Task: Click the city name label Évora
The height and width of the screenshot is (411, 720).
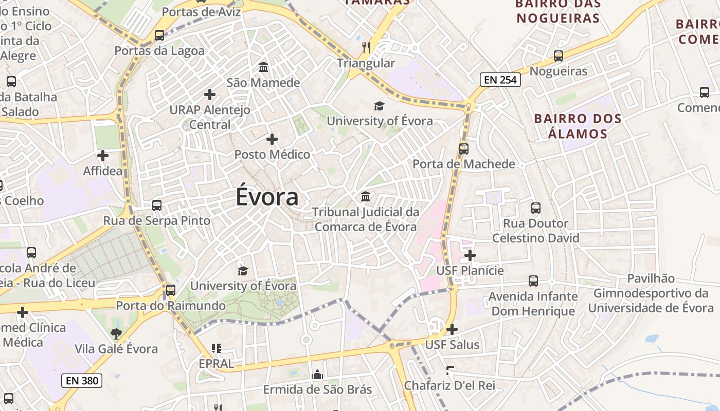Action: [x=267, y=197]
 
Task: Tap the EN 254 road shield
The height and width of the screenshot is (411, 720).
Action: [x=500, y=80]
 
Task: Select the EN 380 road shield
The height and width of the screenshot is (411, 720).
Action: [x=82, y=381]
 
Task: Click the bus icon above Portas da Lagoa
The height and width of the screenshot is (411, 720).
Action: [x=159, y=35]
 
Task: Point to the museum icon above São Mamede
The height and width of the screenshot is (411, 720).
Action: [x=263, y=67]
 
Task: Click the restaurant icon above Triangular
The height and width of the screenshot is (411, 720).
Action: [x=366, y=48]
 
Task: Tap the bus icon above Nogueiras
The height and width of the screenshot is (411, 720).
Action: [x=559, y=56]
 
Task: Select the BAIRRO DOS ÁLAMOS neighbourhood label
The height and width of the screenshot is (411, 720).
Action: [x=578, y=126]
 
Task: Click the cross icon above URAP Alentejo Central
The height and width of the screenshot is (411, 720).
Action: [x=209, y=95]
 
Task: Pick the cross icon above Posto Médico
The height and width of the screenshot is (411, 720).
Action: [x=272, y=139]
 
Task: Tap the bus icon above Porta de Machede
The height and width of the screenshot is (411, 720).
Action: [x=464, y=149]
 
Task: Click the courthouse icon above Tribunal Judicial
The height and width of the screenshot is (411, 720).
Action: [x=366, y=196]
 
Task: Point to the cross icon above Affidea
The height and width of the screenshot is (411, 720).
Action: [x=103, y=155]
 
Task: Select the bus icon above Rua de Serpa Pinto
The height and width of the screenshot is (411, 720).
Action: [x=157, y=206]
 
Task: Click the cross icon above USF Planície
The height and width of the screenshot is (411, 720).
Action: [x=470, y=255]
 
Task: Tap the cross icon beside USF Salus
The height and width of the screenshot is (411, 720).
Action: [x=452, y=329]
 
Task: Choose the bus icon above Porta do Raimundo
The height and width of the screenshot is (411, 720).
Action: [x=171, y=290]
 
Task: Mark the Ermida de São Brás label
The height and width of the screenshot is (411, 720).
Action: [x=317, y=389]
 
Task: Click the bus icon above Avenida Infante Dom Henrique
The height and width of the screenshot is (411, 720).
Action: [x=533, y=281]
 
